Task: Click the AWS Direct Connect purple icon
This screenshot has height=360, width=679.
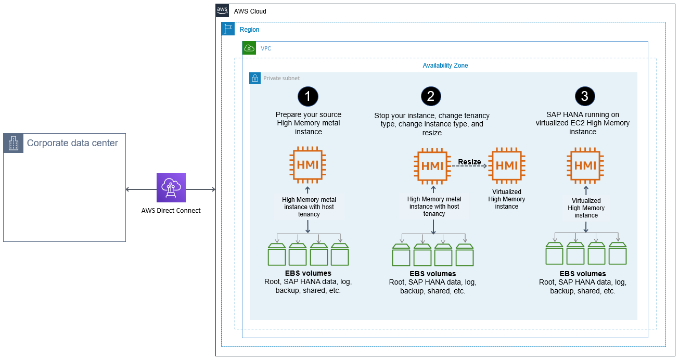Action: (x=171, y=188)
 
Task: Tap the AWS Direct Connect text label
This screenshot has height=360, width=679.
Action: (x=171, y=211)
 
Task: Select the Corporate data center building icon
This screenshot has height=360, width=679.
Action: (x=14, y=143)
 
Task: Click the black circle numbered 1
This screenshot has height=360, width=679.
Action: (x=308, y=96)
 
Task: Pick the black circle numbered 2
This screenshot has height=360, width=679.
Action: (x=431, y=96)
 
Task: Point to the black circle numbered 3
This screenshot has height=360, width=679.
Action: (x=585, y=96)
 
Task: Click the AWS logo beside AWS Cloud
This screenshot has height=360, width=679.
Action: (x=223, y=11)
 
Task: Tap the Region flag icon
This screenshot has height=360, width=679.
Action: (x=228, y=29)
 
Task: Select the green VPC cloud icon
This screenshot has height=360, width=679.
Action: (x=249, y=48)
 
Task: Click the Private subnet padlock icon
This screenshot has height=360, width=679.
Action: (x=255, y=78)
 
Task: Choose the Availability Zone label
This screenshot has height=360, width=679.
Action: (x=445, y=66)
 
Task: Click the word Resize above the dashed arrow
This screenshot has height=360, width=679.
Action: (x=469, y=162)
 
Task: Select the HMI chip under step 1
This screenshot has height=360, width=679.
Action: (x=308, y=165)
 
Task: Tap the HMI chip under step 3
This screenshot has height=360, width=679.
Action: (x=585, y=165)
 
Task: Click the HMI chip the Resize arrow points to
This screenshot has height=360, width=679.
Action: (x=506, y=165)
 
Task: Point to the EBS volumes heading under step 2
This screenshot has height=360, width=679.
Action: (x=432, y=274)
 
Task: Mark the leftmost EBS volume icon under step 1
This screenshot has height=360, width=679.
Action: (x=277, y=254)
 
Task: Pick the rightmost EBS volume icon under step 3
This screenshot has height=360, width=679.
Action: (x=617, y=253)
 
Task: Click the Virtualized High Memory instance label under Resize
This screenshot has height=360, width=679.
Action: (x=506, y=199)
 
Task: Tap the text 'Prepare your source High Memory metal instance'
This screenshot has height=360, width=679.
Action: (x=308, y=123)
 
